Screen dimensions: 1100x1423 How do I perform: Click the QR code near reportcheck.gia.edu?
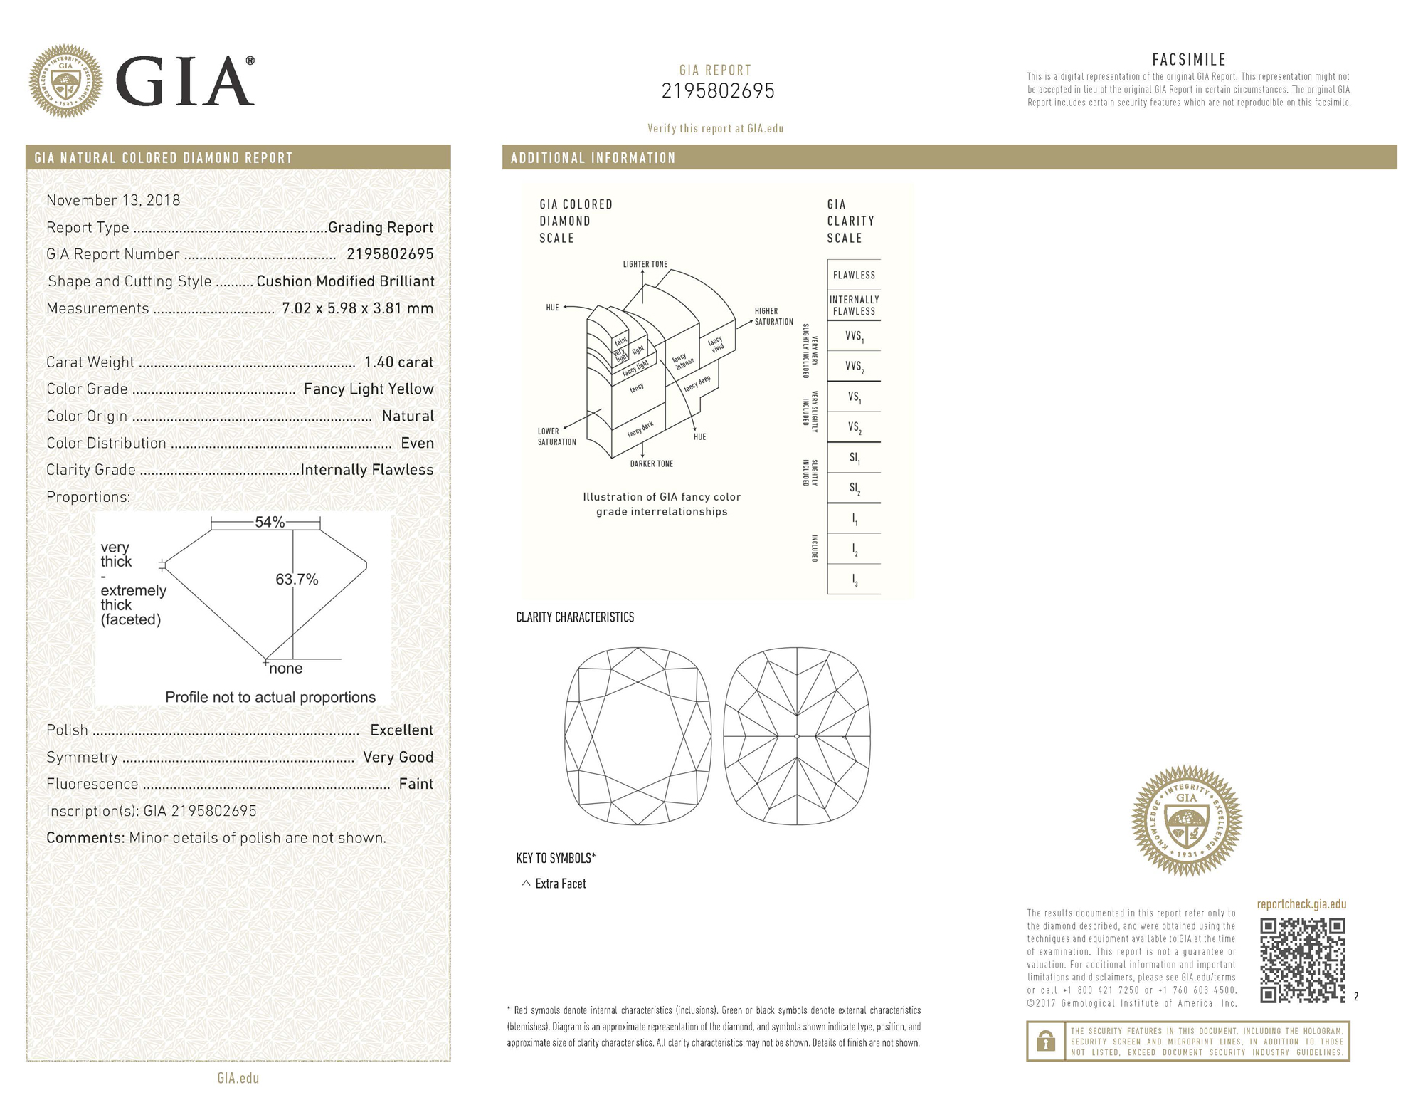[1302, 960]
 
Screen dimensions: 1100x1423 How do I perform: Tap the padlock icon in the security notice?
[1045, 1042]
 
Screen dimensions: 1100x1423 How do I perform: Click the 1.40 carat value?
[398, 362]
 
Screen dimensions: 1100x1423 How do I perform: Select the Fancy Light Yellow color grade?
[368, 389]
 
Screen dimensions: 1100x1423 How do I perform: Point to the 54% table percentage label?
[269, 523]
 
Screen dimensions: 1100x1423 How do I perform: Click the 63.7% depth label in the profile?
[297, 580]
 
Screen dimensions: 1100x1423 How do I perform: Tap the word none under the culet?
[285, 669]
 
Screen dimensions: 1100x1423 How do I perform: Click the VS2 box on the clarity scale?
[854, 427]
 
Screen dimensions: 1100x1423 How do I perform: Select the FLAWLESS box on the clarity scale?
[854, 275]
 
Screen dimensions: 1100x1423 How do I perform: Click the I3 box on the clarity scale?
[854, 580]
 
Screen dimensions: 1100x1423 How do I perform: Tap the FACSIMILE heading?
[1188, 60]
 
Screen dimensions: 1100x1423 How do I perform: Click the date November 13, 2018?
[113, 201]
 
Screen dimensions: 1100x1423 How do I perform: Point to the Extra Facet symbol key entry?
[554, 884]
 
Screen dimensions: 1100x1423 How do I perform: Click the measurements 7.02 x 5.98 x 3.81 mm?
[357, 308]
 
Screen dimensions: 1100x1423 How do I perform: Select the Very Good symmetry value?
[398, 758]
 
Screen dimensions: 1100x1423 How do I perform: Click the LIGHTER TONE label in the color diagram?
[645, 264]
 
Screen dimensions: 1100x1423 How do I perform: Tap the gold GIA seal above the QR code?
[1186, 820]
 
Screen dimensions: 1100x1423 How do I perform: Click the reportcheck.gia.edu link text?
[1301, 904]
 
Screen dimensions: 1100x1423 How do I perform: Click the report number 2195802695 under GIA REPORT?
[717, 91]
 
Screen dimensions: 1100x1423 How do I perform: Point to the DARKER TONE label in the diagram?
[651, 464]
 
